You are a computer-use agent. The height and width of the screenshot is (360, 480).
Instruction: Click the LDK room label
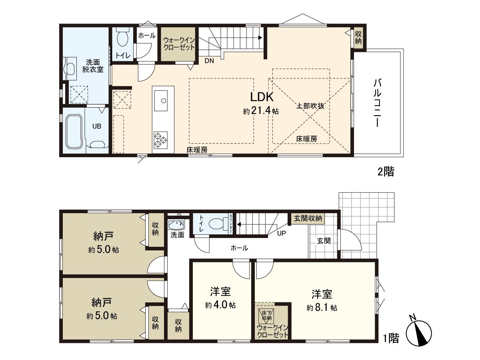262,97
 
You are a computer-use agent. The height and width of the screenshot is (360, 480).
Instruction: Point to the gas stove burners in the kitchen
160,139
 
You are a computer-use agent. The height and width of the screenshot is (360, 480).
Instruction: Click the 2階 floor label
386,172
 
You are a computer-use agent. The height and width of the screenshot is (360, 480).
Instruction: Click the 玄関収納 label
308,218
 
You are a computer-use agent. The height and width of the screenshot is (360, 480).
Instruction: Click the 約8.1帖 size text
322,308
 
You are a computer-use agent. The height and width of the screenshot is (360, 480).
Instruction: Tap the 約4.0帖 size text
220,305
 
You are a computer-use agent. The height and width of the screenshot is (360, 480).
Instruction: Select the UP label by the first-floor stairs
282,233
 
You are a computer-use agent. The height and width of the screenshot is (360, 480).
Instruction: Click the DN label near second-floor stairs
209,61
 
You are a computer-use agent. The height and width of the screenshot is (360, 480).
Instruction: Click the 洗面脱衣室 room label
93,66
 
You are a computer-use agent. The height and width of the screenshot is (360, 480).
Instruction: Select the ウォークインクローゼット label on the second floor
178,43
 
